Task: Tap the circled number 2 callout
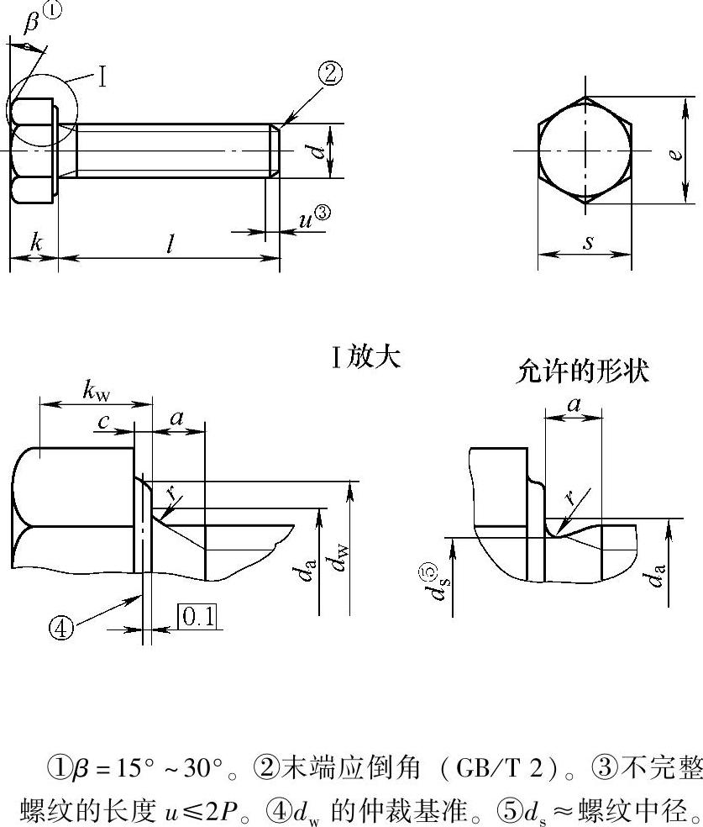(x=329, y=74)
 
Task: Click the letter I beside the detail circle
(x=102, y=78)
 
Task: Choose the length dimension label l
(x=170, y=245)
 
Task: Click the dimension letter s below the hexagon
(x=588, y=244)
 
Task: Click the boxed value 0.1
(x=197, y=618)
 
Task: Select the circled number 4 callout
(x=60, y=627)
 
